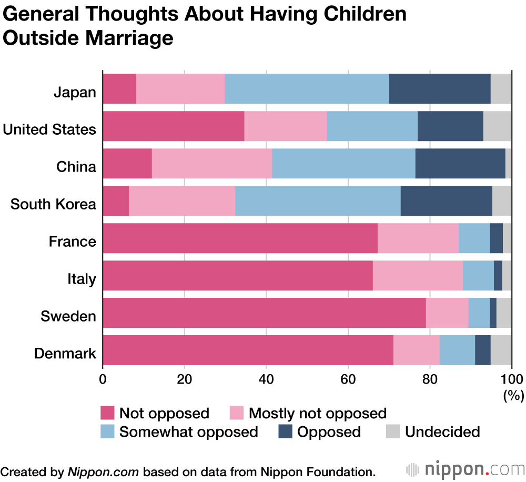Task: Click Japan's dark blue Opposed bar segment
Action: pos(440,89)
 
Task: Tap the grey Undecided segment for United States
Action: pos(497,126)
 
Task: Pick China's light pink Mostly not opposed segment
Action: pos(212,164)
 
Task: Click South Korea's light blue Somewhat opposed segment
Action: pos(318,201)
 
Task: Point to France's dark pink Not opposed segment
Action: pos(240,238)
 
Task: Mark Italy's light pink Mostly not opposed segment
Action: pos(418,275)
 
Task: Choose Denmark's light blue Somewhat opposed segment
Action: pos(457,350)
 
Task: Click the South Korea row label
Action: pos(53,204)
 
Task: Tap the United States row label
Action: pos(49,129)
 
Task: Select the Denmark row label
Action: pos(65,353)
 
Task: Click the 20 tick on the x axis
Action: pos(185,379)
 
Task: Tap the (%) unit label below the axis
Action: pos(513,395)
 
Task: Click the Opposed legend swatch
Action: pos(285,432)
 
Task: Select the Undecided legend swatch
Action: pos(393,432)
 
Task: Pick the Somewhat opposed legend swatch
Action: pos(107,432)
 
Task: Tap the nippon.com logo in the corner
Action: pos(465,469)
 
